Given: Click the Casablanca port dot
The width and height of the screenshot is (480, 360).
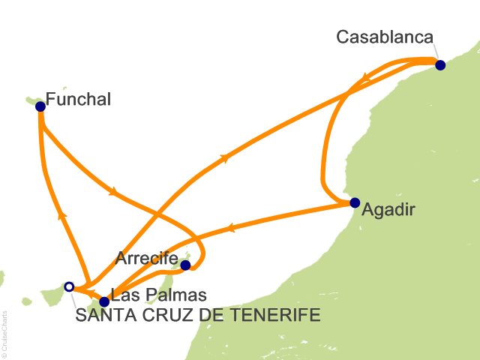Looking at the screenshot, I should pos(440,65).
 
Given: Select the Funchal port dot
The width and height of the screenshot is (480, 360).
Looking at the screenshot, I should pos(40,106).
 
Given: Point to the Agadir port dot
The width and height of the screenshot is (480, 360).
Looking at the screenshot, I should pos(355,202).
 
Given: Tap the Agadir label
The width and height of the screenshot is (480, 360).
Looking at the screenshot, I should pos(387,211).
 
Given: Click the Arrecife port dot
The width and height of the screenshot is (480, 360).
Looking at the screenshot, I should pos(186,264).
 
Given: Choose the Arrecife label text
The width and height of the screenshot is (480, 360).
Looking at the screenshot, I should pos(146,258).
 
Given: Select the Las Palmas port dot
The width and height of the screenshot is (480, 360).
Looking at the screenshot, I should pos(104,301).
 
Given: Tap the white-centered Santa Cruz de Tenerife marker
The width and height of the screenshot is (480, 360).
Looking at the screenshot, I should pos(69,286).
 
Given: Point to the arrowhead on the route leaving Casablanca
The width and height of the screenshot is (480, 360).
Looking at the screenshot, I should pos(363,76).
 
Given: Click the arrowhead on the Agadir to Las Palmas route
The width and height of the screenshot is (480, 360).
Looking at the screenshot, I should pos(232,226).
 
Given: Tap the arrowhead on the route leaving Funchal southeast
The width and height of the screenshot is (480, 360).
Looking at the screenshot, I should pos(112,192).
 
